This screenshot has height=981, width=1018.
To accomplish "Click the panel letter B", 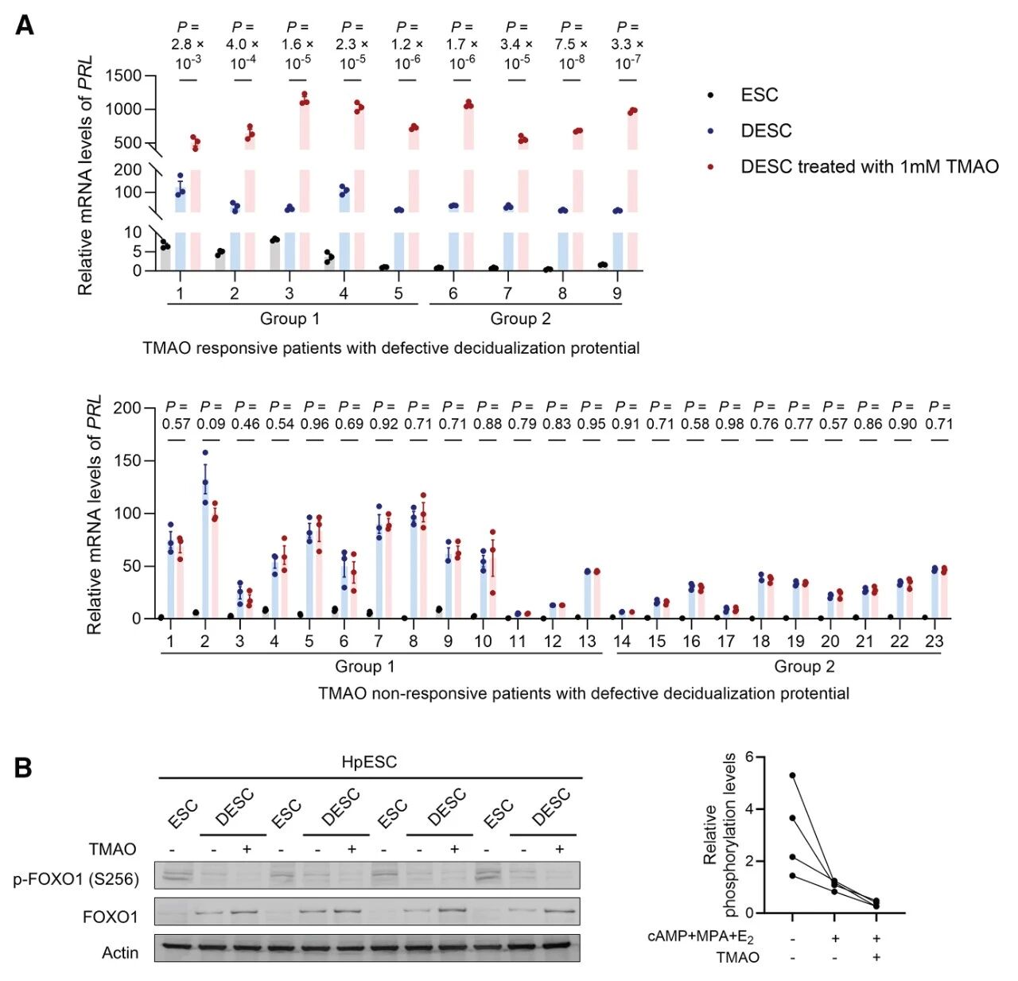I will [x=23, y=768].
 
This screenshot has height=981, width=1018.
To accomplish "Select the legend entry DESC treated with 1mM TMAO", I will [x=868, y=166].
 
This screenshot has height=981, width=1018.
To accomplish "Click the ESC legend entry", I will [x=759, y=95].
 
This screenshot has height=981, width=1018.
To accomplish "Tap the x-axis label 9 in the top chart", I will [x=616, y=293].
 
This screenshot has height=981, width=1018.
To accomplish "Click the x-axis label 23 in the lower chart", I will [x=934, y=641].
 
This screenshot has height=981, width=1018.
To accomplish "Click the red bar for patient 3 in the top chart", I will [x=305, y=183].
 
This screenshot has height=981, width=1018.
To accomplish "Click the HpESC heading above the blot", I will [x=369, y=762].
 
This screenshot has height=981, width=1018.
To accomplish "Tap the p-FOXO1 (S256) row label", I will [x=76, y=878].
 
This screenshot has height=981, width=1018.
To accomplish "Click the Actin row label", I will [x=120, y=952].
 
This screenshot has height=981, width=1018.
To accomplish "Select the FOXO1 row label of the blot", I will [x=110, y=917].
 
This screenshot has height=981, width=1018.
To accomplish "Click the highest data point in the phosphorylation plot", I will [x=792, y=775].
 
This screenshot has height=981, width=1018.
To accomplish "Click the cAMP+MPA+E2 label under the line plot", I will [x=700, y=938].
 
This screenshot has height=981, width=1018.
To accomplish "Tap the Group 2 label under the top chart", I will [x=520, y=319].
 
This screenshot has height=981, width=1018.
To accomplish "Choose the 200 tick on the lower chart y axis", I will [x=127, y=408].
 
